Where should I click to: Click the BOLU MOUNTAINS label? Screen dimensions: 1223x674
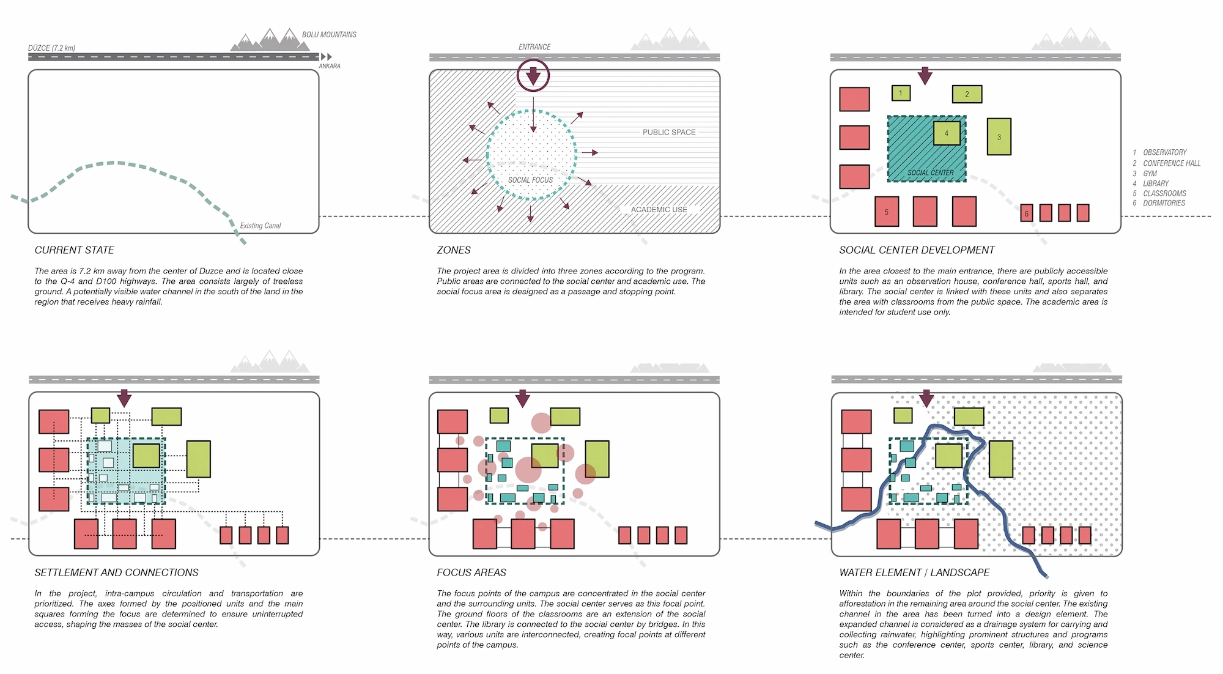pos(329,35)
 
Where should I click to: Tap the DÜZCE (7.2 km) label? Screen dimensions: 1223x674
pos(51,48)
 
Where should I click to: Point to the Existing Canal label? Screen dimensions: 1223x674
pos(260,226)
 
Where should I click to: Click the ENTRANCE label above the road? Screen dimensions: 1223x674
pos(534,47)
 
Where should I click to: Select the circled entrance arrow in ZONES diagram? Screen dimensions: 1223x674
pos(533,76)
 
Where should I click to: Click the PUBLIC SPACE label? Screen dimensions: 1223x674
pos(669,132)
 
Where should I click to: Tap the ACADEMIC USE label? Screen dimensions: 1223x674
pos(659,210)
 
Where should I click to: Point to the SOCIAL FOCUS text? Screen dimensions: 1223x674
pos(530,180)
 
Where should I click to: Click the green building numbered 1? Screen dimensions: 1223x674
pos(901,93)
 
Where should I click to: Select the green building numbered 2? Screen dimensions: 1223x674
pos(967,94)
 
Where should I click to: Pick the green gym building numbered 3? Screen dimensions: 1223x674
pos(999,137)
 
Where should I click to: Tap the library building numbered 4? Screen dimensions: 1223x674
pos(946,133)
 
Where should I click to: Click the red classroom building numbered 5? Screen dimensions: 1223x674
pos(886,212)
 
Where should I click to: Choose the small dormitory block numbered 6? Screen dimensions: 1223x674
pos(1026,213)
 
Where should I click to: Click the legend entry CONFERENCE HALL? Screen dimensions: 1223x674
pos(1172,163)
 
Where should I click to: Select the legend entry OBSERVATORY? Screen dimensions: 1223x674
pos(1164,152)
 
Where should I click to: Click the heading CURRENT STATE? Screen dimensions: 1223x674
pos(75,250)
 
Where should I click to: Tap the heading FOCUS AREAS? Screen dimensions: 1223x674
pos(471,572)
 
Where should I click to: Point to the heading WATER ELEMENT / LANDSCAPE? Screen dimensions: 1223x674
pos(914,572)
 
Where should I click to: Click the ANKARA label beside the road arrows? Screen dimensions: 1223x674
pos(329,66)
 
